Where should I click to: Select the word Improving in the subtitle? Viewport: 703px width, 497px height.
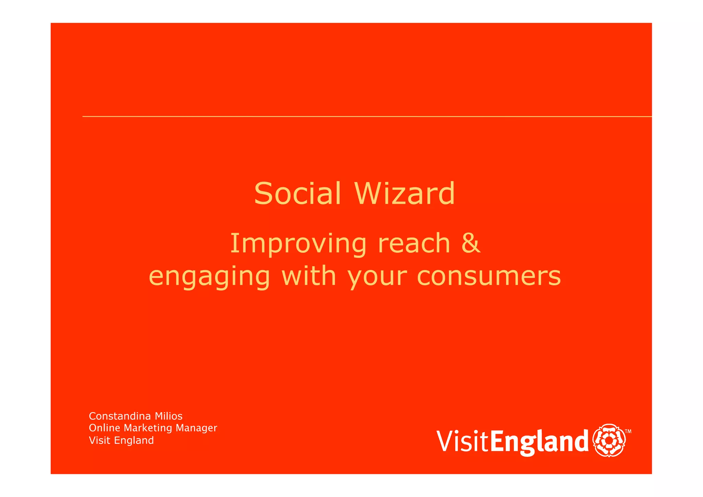[298, 244]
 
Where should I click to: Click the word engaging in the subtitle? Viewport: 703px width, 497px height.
[209, 277]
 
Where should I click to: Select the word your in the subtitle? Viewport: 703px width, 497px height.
[377, 277]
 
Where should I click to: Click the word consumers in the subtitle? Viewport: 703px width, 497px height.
[489, 276]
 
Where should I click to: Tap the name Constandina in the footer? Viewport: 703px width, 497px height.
[119, 416]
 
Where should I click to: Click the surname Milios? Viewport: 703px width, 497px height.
[169, 416]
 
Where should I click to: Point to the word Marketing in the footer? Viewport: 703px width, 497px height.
[148, 428]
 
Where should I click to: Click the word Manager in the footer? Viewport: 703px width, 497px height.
[196, 428]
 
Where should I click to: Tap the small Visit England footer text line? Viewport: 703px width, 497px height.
[121, 440]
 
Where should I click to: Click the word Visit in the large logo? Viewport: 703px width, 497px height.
[462, 441]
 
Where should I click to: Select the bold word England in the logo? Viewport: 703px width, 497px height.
[539, 442]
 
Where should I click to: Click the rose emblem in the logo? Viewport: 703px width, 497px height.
[609, 440]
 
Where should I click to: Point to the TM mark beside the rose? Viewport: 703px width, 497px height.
[628, 431]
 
